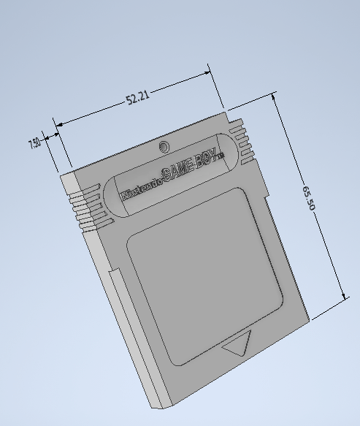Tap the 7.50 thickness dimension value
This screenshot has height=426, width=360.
(34, 143)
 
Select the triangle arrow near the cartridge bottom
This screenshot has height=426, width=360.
(239, 343)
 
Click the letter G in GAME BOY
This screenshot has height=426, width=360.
(166, 176)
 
